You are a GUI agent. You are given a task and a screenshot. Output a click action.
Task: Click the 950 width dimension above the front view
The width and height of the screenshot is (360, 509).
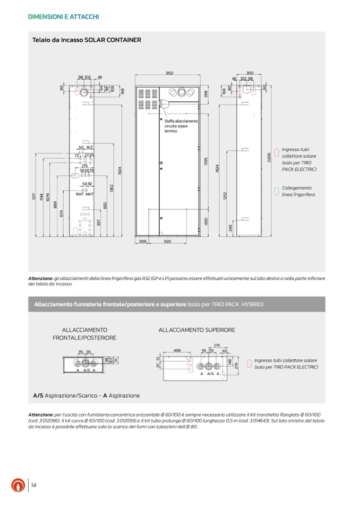coord(169,73)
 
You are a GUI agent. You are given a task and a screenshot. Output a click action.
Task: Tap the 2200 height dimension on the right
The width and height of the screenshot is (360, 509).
coord(270,158)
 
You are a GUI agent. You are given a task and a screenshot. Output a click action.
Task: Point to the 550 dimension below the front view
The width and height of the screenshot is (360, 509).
coord(167,241)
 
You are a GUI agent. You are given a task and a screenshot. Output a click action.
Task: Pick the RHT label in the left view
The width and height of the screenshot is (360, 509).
coord(80,194)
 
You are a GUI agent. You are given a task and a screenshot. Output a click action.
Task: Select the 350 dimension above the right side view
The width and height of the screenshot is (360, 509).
coord(250,73)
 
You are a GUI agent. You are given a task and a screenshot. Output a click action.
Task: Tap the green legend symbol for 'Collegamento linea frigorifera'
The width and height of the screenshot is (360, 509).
coord(276,191)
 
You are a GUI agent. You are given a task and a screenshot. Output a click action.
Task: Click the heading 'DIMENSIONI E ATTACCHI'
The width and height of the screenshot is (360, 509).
coord(63,17)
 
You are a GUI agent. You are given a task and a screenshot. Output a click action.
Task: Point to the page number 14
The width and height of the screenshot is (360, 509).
coord(33,485)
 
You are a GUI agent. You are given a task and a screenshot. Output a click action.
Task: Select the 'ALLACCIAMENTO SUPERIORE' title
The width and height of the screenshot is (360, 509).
coord(196,330)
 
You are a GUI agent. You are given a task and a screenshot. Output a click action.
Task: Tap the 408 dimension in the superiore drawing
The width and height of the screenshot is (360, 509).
coord(177,350)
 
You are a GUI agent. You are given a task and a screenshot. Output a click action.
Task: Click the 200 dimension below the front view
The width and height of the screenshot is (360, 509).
coord(142,241)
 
